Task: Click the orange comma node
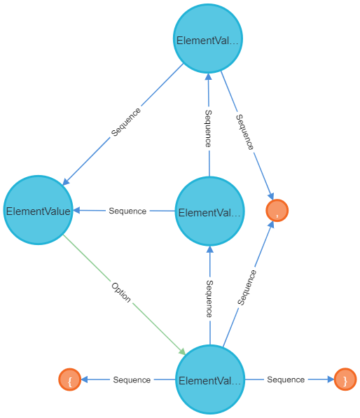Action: click(277, 210)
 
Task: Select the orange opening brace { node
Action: click(70, 379)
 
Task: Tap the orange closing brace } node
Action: click(345, 379)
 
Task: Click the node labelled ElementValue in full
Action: click(38, 210)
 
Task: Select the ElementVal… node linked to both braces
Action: click(210, 379)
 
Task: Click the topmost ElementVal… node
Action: click(208, 39)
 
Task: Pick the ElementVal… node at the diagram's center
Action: click(209, 211)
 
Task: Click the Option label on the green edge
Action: click(121, 293)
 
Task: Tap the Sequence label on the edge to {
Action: click(132, 380)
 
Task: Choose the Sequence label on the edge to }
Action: click(286, 379)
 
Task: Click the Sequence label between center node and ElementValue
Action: click(127, 211)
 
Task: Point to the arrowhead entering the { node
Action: click(85, 379)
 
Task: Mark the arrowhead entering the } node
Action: click(331, 379)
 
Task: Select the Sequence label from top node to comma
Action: click(245, 132)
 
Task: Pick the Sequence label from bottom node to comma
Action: click(247, 287)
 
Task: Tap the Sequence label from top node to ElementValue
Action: click(125, 122)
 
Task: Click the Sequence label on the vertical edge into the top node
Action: click(209, 129)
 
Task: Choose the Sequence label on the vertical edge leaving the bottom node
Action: click(209, 298)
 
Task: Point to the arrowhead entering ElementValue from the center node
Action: click(76, 210)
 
